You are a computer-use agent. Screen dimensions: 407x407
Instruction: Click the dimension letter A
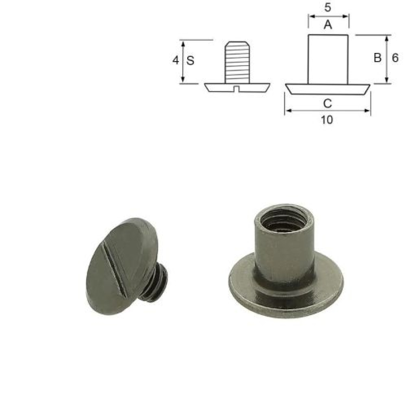(x=328, y=25)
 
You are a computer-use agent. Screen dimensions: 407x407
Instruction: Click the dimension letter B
(x=377, y=58)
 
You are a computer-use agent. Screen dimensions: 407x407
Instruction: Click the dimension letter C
(x=328, y=103)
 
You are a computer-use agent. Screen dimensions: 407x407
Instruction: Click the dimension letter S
(x=190, y=61)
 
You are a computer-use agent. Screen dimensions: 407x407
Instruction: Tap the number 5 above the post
(x=328, y=8)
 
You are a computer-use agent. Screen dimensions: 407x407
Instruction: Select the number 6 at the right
(x=395, y=58)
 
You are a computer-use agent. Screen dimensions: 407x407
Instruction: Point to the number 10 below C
(x=328, y=120)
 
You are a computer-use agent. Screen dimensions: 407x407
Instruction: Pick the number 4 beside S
(x=176, y=61)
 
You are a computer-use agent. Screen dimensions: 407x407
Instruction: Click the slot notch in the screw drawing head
(x=237, y=90)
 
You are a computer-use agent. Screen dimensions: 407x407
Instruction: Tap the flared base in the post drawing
(x=328, y=89)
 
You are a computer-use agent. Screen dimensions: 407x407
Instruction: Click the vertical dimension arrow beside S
(x=183, y=61)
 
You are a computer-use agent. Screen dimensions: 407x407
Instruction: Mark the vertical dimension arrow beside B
(x=387, y=59)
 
